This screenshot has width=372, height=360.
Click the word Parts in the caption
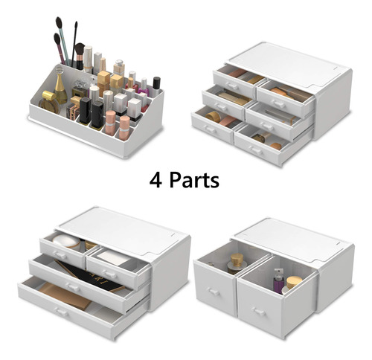click(x=194, y=180)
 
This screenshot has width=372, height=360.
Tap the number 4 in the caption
click(x=155, y=180)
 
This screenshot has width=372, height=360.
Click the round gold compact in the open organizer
click(x=49, y=102)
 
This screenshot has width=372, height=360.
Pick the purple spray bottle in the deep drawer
click(x=278, y=281)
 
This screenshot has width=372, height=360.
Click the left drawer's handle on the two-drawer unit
click(x=214, y=292)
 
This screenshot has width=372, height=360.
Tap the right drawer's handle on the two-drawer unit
click(x=258, y=312)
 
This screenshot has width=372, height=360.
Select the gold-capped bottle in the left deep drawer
click(x=236, y=263)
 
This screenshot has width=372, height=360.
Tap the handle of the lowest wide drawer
click(x=62, y=312)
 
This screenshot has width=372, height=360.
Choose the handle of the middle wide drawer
click(x=74, y=288)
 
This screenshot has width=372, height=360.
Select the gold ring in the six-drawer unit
click(x=213, y=117)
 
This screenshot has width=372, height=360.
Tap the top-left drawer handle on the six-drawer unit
click(x=232, y=86)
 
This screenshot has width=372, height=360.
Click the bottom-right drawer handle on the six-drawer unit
click(x=257, y=150)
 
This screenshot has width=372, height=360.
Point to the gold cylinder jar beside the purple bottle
click(x=295, y=283)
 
